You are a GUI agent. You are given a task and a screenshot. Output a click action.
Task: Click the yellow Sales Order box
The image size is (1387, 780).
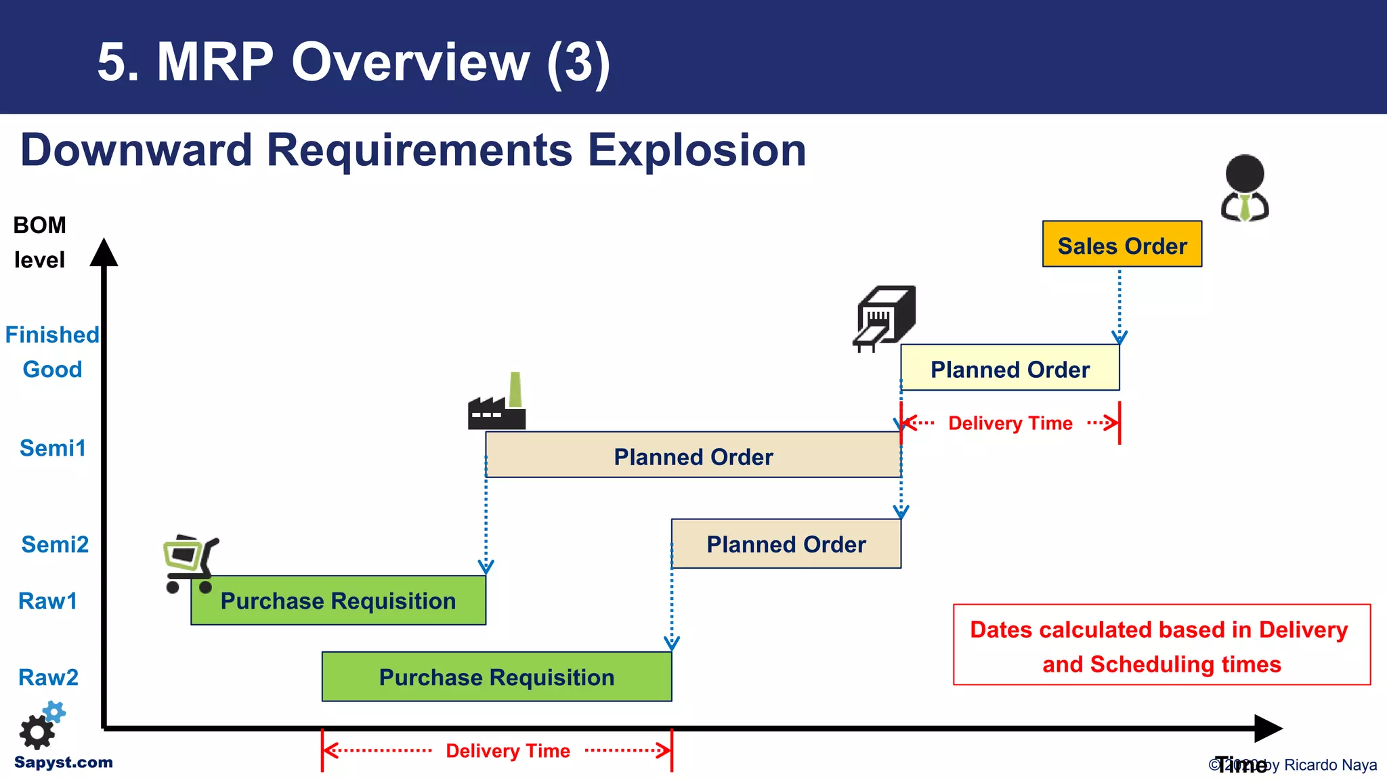coord(1122,244)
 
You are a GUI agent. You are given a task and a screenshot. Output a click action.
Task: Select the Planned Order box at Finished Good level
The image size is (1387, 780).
coord(1009,368)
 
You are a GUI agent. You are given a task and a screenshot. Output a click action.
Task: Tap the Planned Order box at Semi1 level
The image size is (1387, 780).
coord(693,456)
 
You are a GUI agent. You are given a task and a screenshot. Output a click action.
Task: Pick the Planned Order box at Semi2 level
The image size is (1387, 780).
coord(786,544)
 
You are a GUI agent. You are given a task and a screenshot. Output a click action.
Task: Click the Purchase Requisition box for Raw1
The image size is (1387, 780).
coord(338,601)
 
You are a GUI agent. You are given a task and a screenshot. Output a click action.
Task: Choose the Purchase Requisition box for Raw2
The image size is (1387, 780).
coord(496,676)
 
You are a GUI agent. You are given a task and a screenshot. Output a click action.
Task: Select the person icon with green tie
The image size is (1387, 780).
coord(1245,188)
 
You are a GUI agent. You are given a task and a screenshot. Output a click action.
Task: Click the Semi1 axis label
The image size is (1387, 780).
coord(53,448)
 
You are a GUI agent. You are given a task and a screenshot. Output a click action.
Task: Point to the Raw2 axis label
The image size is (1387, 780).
coord(48,677)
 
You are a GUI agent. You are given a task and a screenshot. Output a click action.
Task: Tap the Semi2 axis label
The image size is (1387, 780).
coord(55,544)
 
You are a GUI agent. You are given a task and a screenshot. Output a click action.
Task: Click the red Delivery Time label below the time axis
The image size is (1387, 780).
coord(508,751)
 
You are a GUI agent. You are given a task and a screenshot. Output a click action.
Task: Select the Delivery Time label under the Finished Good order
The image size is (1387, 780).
coord(1010,423)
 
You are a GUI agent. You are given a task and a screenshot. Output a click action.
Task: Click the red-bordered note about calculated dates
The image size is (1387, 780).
coord(1161,645)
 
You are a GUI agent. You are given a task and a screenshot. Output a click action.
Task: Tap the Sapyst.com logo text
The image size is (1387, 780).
coord(64,762)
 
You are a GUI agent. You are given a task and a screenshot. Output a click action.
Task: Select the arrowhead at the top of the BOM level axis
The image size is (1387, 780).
coord(104,253)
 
